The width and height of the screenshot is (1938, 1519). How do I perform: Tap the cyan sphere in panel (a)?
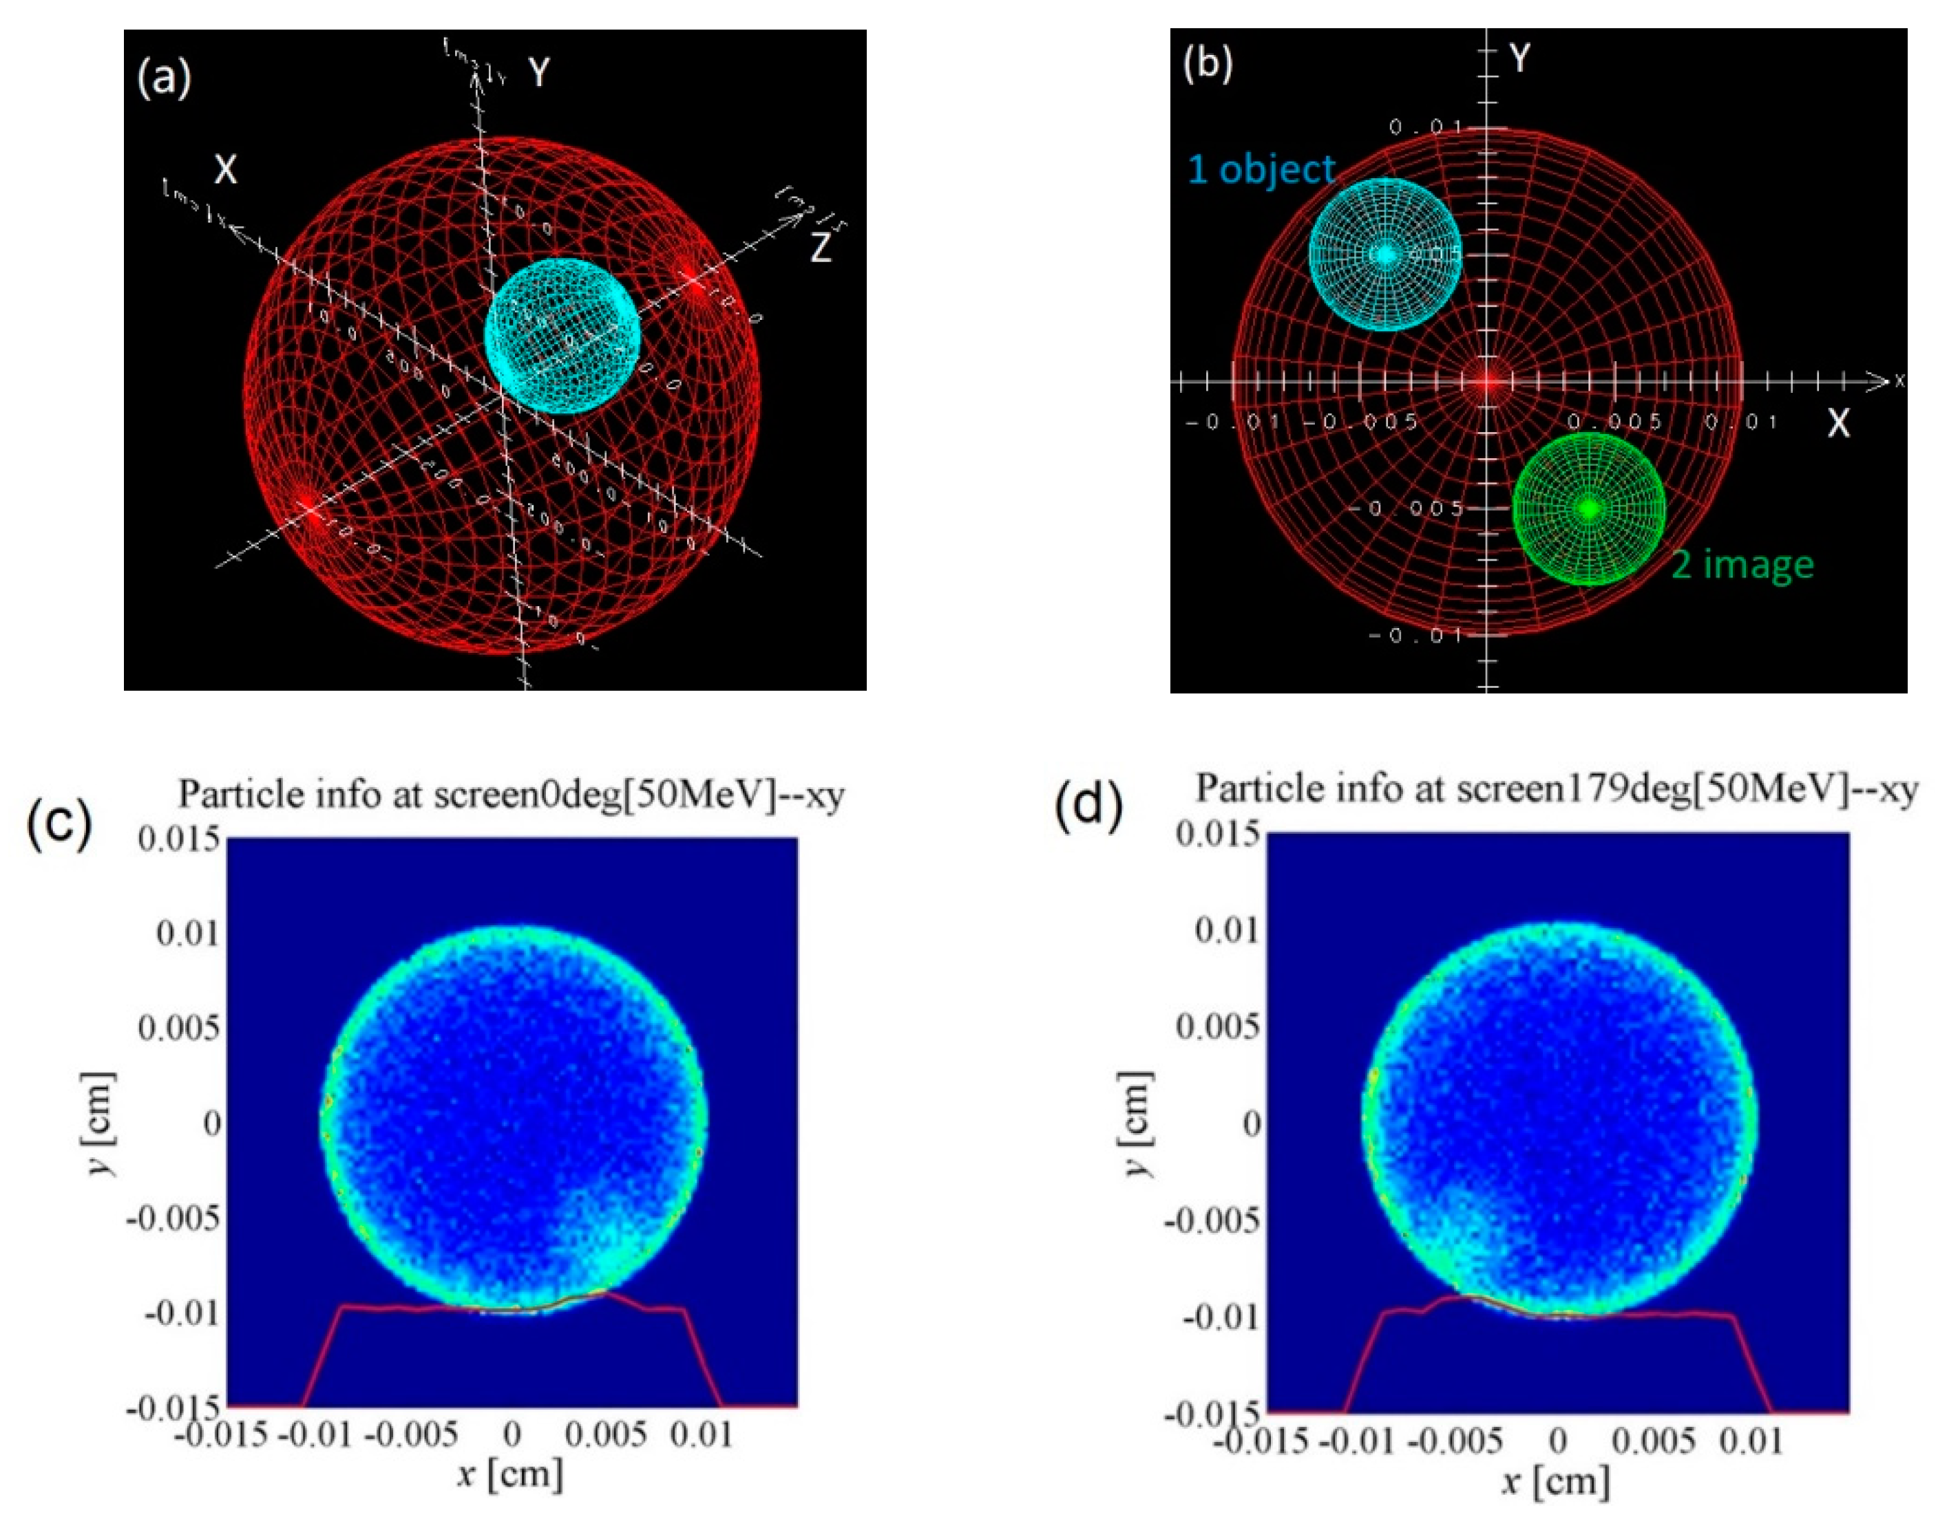562,335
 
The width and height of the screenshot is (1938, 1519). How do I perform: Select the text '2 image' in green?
1741,564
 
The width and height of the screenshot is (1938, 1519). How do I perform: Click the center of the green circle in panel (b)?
1589,508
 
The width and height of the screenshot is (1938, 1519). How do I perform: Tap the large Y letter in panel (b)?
1521,58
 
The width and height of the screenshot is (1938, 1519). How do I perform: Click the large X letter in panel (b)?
1837,424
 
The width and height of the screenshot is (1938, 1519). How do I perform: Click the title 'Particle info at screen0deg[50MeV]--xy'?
511,793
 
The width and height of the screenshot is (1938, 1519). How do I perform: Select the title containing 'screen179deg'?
1555,788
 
